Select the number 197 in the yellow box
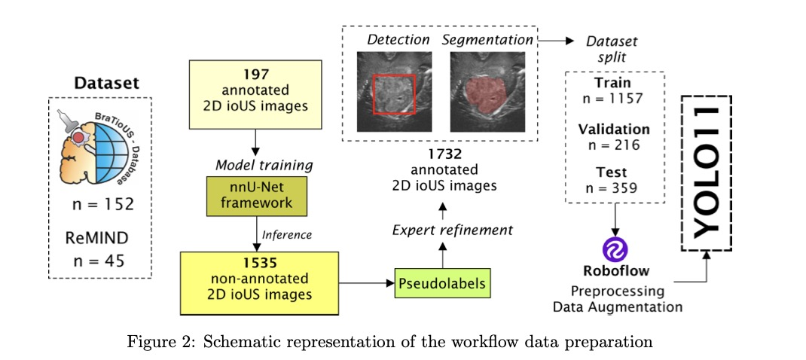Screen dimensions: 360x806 coord(256,75)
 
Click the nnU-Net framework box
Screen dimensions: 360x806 coord(255,197)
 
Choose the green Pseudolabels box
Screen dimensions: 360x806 coord(442,284)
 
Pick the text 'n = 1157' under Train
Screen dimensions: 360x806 coord(612,98)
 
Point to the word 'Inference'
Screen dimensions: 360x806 coord(287,234)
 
